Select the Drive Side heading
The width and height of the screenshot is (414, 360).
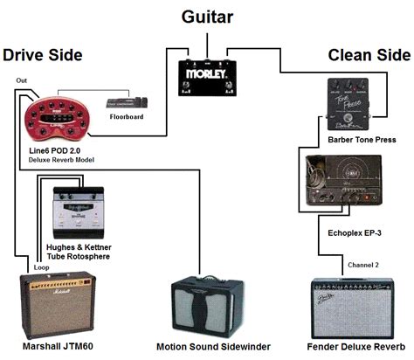(x=43, y=56)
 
